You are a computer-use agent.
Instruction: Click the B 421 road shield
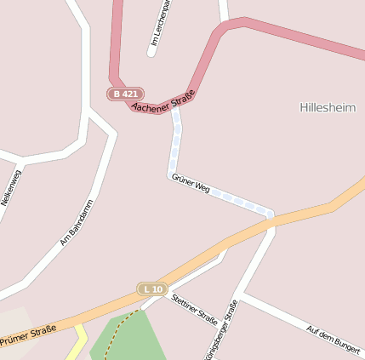click(125, 94)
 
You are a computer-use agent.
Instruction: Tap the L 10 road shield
click(152, 289)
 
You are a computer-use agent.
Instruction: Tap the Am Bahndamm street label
click(76, 224)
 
